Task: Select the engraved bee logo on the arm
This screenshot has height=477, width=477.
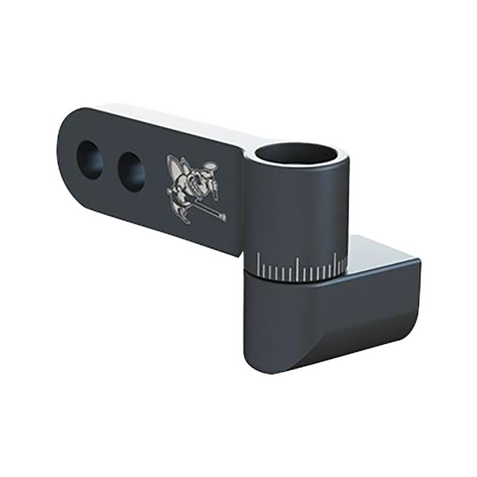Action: click(x=194, y=187)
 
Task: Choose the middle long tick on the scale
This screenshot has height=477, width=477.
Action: click(x=297, y=270)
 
